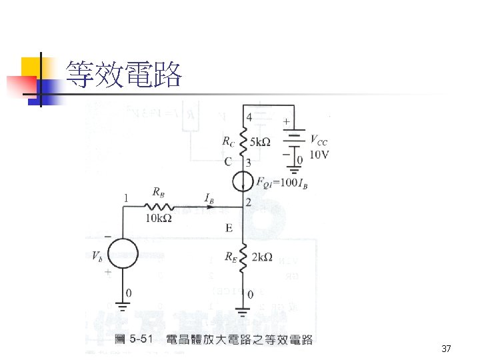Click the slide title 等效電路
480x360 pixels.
(x=124, y=75)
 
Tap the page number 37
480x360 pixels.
(x=447, y=349)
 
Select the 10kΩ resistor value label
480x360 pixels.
(x=159, y=218)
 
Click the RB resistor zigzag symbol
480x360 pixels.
(x=158, y=207)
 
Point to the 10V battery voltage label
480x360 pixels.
(x=320, y=154)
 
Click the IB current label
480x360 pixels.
(x=208, y=197)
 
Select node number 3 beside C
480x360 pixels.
(x=248, y=162)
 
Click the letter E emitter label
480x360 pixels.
(x=229, y=229)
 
